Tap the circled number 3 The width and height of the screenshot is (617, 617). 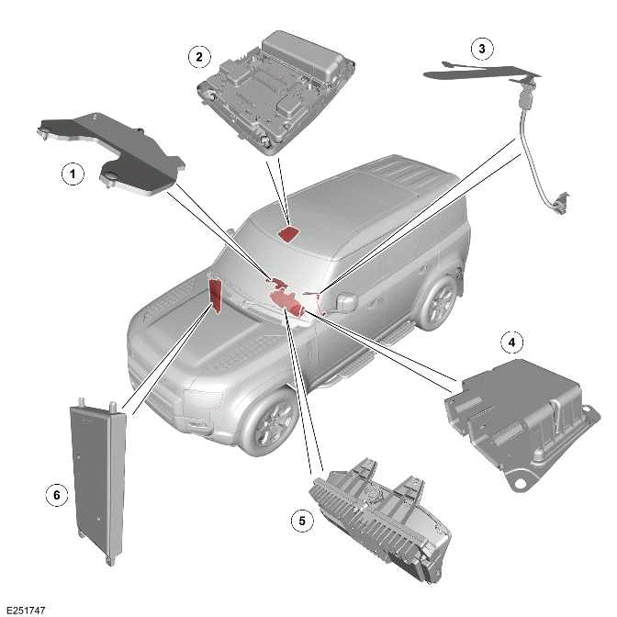pos(481,48)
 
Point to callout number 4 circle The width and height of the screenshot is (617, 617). pos(512,342)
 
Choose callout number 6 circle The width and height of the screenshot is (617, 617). pos(57,495)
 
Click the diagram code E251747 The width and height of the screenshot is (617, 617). pos(25,609)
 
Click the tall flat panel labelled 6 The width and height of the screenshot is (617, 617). pos(98,477)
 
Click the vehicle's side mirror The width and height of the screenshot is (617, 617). pos(348,301)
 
